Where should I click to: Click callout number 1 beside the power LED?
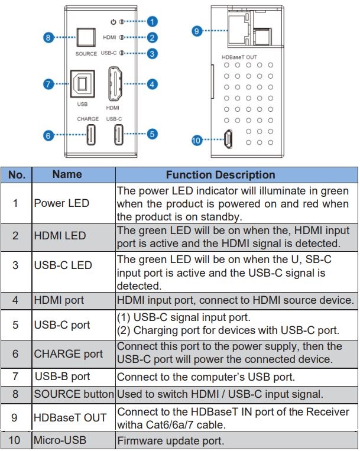[x=152, y=21]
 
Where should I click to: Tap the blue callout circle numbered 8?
[x=49, y=37]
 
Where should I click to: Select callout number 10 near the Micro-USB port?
[x=197, y=140]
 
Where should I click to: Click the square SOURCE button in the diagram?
[x=86, y=37]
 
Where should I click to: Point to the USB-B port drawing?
[x=82, y=84]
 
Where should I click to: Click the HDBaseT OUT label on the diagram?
[x=239, y=57]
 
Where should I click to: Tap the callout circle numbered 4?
[x=152, y=84]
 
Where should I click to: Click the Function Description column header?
[x=220, y=175]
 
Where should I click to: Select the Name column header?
[x=67, y=175]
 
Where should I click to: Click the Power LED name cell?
[x=62, y=203]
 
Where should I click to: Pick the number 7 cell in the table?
[x=16, y=377]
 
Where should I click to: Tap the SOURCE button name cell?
[x=74, y=394]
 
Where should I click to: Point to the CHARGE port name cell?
[x=69, y=354]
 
